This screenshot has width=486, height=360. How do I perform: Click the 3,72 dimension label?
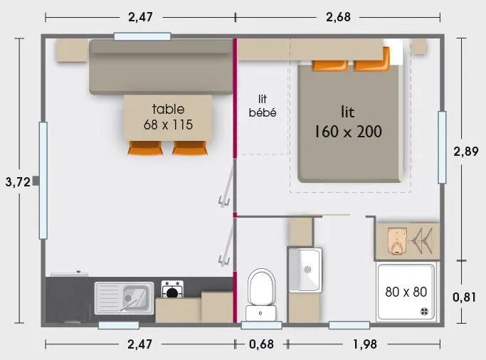coord(17,181)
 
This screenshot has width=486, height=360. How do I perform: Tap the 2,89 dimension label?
coord(465,150)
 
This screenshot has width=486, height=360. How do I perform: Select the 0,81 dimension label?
coord(465,297)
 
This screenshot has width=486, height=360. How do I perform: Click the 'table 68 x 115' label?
coord(169,117)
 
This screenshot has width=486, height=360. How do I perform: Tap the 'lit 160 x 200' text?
coord(348,122)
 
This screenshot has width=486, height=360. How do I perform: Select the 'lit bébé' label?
coord(263,106)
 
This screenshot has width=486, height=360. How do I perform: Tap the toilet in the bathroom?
coord(261,292)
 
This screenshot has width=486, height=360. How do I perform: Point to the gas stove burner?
coord(171,290)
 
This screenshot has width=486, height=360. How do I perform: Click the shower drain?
coord(426,310)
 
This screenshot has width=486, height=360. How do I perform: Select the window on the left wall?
coord(43,180)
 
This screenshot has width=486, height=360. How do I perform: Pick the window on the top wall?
coord(142,36)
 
